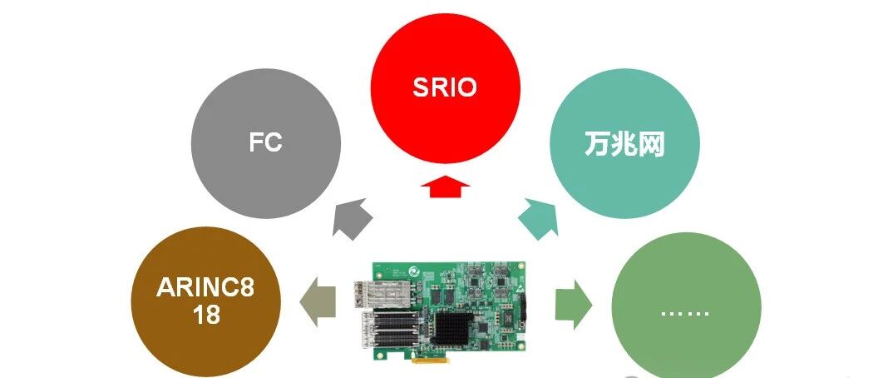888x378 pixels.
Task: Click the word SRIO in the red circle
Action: (x=445, y=88)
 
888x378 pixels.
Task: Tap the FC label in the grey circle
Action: (x=265, y=142)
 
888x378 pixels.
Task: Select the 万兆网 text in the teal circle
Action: (x=624, y=145)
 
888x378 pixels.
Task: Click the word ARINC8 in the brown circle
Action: (x=205, y=288)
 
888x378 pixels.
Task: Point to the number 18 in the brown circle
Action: (x=205, y=315)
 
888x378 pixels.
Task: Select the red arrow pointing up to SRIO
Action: (x=445, y=187)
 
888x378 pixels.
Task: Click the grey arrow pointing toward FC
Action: (x=352, y=218)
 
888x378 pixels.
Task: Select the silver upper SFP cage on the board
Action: (x=379, y=295)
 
